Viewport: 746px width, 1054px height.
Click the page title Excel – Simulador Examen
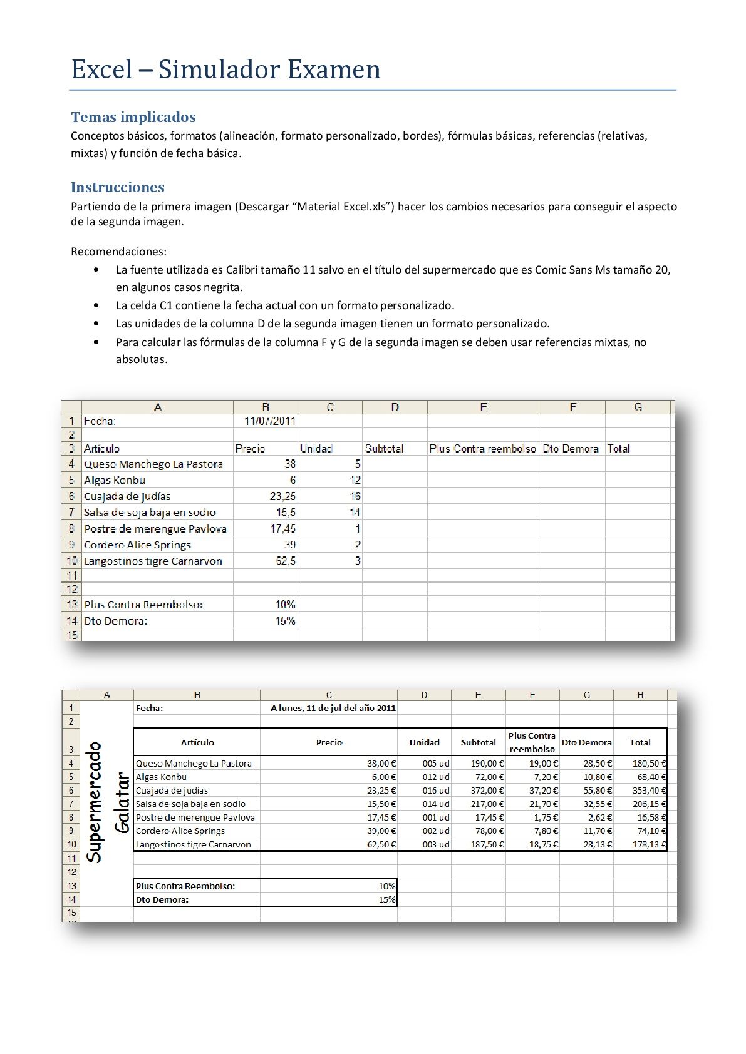225,69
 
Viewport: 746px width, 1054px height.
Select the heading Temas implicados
133,117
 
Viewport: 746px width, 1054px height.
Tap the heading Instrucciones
117,187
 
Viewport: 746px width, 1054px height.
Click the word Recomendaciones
118,252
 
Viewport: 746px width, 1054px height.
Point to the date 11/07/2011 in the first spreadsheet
270,421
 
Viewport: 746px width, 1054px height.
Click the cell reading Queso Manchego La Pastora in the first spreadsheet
153,464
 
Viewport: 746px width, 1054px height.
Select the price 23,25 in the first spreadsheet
283,496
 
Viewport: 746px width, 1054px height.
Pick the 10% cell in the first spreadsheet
285,605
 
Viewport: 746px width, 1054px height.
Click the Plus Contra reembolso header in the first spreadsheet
483,449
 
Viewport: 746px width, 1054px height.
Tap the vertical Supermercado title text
95,802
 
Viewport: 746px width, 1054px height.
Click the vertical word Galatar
123,803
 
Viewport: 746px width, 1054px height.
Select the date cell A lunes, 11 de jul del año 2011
333,708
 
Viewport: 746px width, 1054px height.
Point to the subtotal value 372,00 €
487,790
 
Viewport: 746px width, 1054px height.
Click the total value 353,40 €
649,790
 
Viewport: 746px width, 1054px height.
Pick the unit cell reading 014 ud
435,804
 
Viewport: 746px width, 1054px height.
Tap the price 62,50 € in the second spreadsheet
381,844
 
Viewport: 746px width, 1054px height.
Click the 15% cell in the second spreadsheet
387,900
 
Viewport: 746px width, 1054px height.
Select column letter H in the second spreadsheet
640,695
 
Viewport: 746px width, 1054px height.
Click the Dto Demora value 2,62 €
599,817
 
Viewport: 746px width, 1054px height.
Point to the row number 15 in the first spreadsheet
72,635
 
